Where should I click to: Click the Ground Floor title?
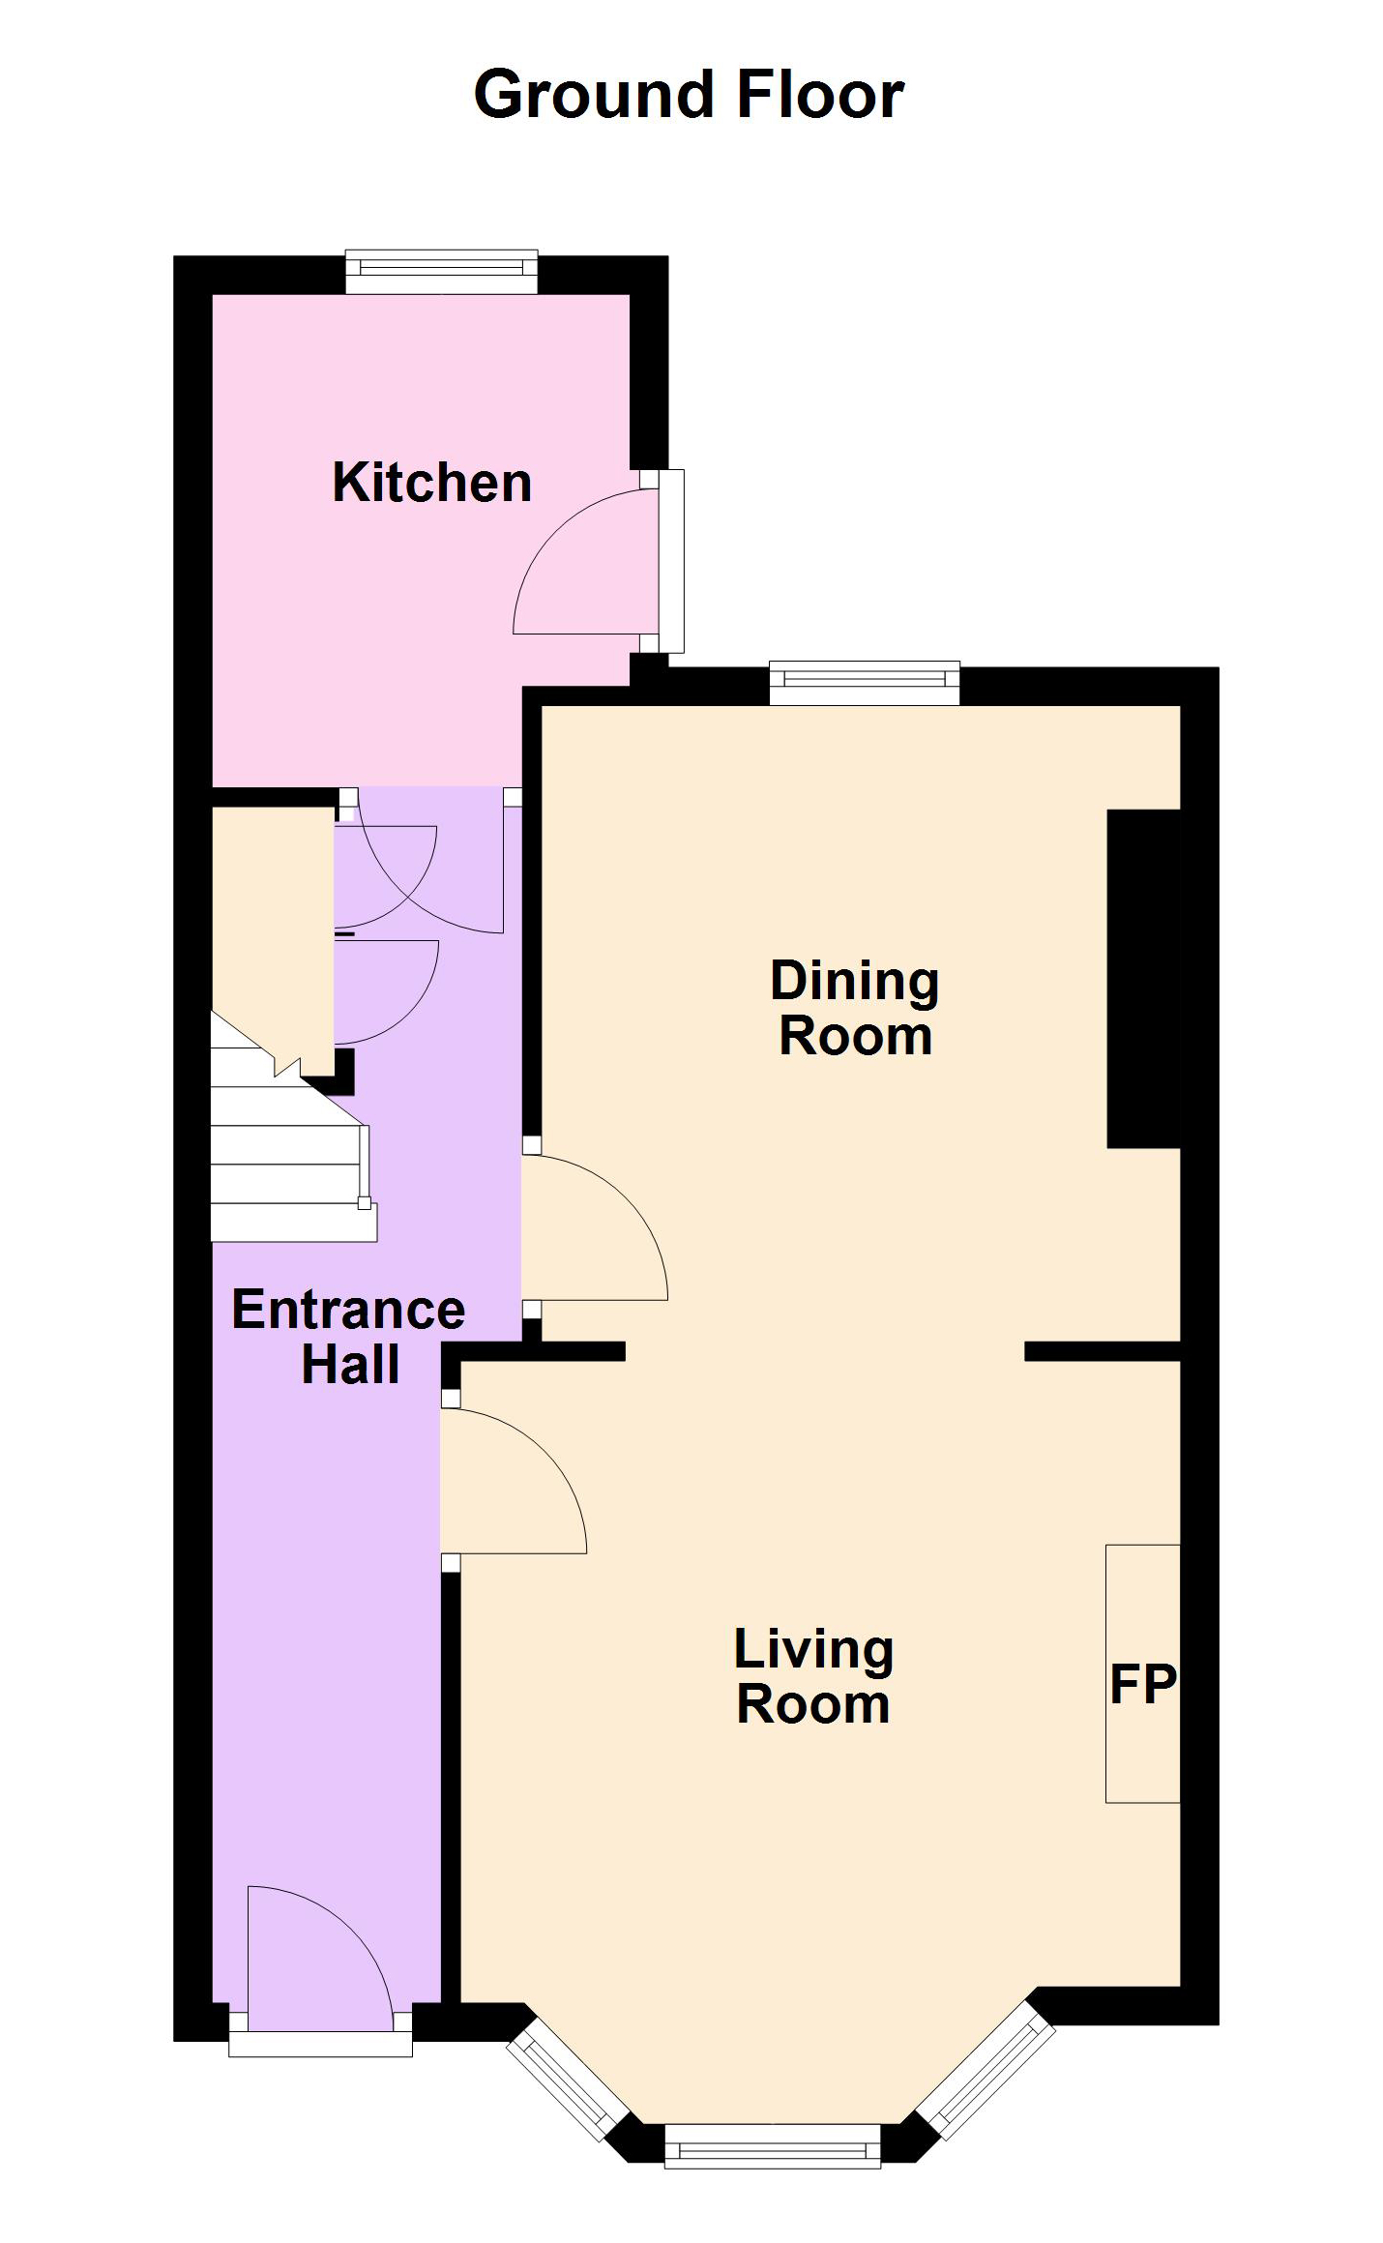click(x=689, y=95)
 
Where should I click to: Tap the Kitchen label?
click(x=431, y=483)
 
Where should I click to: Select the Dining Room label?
click(x=855, y=1008)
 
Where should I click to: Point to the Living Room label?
click(x=813, y=1676)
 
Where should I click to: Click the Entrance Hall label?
click(x=349, y=1337)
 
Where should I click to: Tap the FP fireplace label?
click(x=1142, y=1685)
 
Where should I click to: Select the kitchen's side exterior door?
click(x=598, y=561)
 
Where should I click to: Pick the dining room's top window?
click(x=865, y=683)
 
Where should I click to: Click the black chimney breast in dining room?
click(x=1143, y=979)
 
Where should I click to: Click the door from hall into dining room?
click(x=594, y=1226)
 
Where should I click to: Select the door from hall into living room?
click(x=513, y=1481)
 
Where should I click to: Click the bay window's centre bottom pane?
click(x=773, y=2144)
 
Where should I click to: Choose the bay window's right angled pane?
click(x=986, y=2062)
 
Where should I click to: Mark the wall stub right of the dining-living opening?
click(x=1103, y=1351)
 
